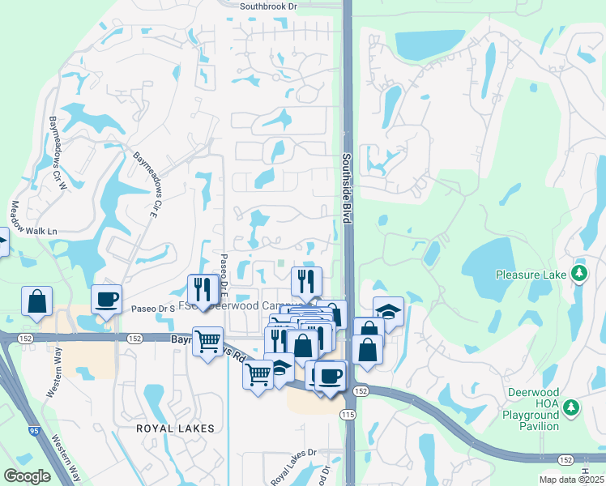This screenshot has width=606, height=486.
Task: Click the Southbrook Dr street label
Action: pos(280,6)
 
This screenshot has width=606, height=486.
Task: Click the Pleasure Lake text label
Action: pos(531,275)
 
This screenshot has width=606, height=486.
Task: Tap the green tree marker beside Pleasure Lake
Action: pos(578,273)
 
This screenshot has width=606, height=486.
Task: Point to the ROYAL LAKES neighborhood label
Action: pos(175,428)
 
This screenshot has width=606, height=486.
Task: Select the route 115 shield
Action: pos(349,415)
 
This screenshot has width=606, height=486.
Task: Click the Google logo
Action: pos(27,476)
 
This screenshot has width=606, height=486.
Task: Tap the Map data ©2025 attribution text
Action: pos(571,480)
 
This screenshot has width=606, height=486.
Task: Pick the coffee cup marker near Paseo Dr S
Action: pos(106,300)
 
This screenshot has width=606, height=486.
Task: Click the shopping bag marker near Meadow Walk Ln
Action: pos(36,301)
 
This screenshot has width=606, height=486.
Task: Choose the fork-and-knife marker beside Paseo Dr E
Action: pos(202,289)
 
